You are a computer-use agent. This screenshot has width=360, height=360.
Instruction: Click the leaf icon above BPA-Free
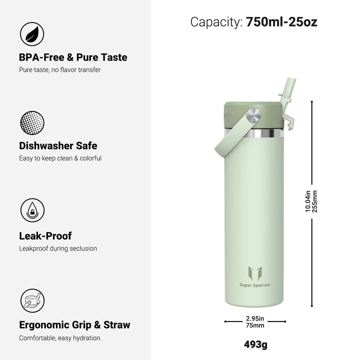pos(32,34)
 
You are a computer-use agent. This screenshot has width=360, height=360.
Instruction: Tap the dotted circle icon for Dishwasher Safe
pos(32,123)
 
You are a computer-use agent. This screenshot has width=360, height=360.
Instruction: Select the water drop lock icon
pos(32,210)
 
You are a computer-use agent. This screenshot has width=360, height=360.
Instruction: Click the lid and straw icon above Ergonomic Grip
pos(32,300)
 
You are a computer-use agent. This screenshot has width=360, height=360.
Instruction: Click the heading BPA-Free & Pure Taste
pos(73,57)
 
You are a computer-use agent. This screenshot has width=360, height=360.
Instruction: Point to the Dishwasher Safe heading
pos(58,146)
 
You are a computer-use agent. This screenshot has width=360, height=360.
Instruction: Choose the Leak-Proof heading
pos(45,236)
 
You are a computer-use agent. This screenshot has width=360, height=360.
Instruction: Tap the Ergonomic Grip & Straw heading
pos(74,325)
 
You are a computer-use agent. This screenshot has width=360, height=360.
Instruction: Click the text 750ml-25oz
pos(281,22)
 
